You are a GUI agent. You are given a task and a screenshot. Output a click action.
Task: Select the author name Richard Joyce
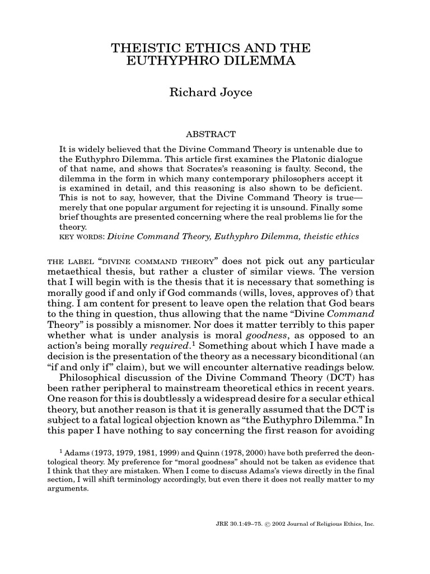coord(211,92)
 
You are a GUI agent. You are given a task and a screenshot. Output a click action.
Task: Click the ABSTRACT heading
coord(211,135)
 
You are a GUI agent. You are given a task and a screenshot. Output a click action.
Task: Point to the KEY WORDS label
coord(82,237)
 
